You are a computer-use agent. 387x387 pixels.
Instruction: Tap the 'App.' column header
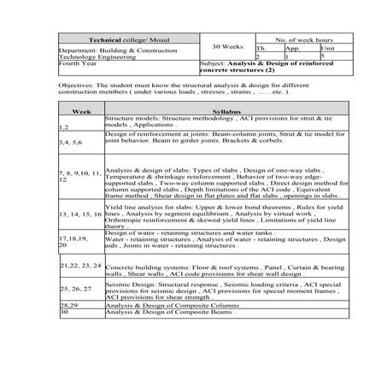pyautogui.click(x=291, y=49)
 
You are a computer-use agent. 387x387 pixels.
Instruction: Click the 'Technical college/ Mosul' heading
pyautogui.click(x=127, y=40)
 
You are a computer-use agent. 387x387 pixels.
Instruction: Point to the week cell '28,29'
pyautogui.click(x=69, y=303)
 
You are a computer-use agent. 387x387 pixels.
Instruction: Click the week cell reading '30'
pyautogui.click(x=64, y=312)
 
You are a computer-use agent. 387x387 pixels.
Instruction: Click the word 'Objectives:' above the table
pyautogui.click(x=77, y=87)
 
